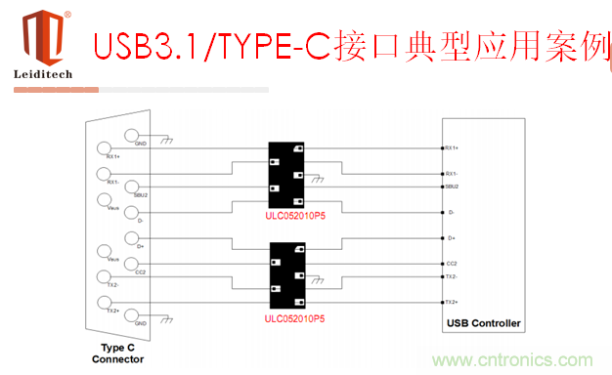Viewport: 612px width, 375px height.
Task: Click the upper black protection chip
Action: point(288,167)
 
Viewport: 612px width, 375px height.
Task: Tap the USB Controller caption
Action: point(483,323)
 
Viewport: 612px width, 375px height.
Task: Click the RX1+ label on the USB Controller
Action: point(452,148)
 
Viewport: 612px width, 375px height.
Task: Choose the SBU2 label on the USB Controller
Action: point(451,186)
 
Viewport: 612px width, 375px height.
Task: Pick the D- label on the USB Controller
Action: point(450,212)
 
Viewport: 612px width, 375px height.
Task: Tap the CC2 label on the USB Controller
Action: point(451,264)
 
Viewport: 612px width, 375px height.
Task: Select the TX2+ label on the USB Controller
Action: point(452,304)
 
